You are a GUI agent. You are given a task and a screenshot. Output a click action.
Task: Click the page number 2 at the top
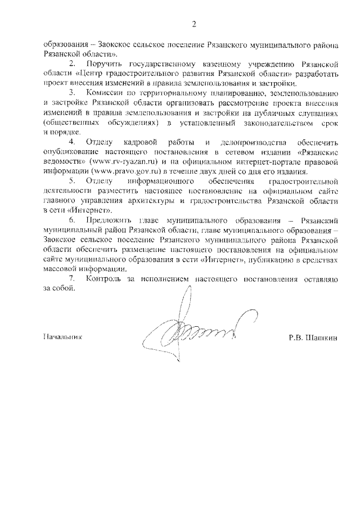(x=193, y=24)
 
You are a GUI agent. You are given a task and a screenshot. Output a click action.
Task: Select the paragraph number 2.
(x=71, y=64)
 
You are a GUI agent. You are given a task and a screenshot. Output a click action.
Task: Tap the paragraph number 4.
(x=71, y=142)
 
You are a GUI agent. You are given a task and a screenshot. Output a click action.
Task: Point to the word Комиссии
(x=105, y=93)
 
